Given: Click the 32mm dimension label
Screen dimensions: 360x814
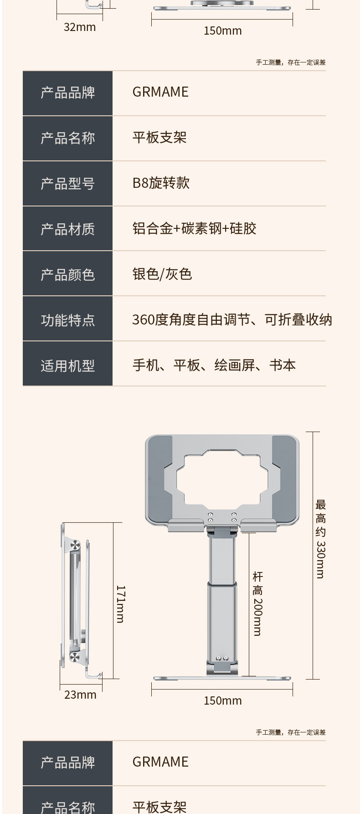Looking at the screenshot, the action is coord(80,27).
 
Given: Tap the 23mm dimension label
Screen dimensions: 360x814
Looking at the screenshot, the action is coord(80,695).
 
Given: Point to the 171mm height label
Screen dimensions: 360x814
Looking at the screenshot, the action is coord(120,604).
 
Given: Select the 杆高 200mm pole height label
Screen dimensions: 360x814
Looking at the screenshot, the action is coord(257,604).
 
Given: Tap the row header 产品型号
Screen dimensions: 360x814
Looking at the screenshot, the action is coord(67,183).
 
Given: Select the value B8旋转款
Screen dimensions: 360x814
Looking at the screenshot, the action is coord(161,183).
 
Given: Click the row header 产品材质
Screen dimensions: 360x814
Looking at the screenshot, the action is coord(67,229).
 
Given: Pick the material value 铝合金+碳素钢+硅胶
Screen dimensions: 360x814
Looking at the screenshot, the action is coord(194,228).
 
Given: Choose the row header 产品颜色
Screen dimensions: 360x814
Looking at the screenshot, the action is coord(67,274).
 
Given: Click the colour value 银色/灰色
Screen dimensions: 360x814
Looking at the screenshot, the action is coord(162,273).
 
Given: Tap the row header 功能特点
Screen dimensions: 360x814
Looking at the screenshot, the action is coord(67,320).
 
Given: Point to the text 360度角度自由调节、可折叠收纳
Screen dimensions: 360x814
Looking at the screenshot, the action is coord(232,319).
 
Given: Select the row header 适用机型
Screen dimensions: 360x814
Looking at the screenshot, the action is coord(67,366).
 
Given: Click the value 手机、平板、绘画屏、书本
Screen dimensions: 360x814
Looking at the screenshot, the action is coord(214,365).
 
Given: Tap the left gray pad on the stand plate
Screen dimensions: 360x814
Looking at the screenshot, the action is coord(159,479).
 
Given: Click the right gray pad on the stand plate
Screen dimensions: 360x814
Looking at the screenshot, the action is coord(284,479).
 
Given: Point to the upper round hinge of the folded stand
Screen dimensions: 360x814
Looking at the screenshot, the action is coord(75,546).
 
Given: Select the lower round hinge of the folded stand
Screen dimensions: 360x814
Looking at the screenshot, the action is coord(75,657).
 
